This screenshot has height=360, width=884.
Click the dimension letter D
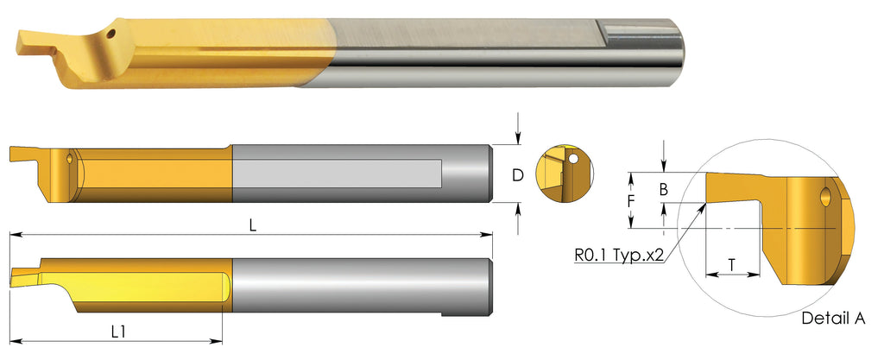pyautogui.click(x=517, y=175)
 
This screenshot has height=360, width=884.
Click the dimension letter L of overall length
pyautogui.click(x=253, y=224)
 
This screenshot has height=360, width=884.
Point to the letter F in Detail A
pyautogui.click(x=632, y=200)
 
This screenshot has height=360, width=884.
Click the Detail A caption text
pyautogui.click(x=833, y=318)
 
